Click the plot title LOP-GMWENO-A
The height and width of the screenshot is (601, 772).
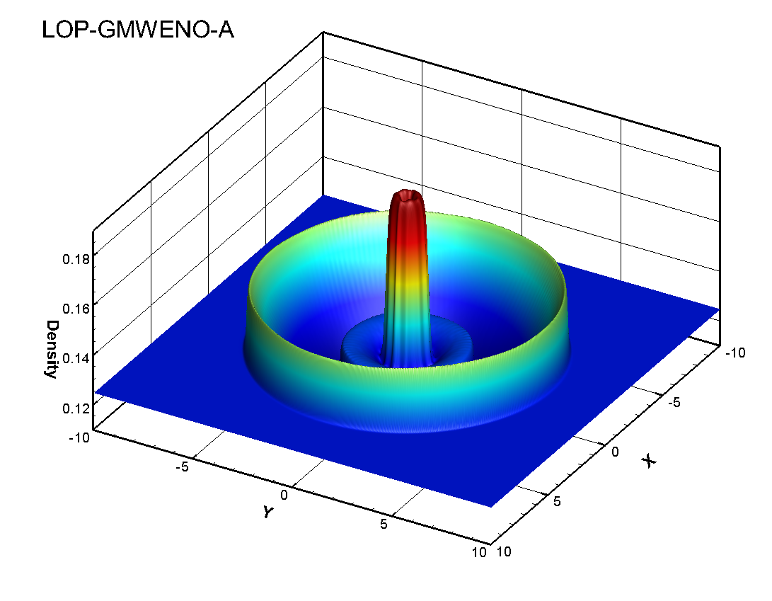coord(138,30)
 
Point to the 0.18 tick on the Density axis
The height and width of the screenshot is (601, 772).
coord(76,259)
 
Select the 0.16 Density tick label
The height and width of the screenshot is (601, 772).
coord(76,309)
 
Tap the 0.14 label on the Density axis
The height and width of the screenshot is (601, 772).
coord(76,358)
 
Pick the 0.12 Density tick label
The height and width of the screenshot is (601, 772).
coord(76,408)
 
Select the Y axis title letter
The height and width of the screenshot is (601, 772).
coord(268,512)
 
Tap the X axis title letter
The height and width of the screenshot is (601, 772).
coord(649,461)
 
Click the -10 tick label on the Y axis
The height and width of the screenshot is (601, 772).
coord(79,437)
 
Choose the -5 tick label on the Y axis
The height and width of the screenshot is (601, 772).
coord(182,467)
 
